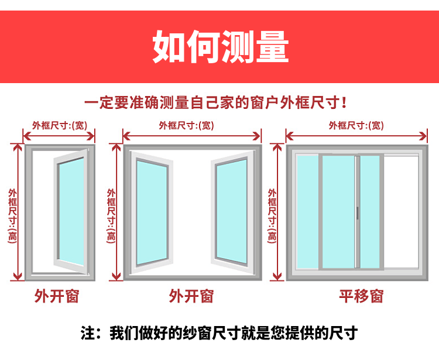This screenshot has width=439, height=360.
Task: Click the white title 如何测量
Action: pos(220,47)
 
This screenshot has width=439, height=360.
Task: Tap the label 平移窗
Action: pos(361,296)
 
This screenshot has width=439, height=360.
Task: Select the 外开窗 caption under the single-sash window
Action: pos(56,296)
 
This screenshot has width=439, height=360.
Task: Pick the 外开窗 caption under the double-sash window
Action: pos(191,296)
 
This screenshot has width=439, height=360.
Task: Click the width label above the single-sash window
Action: pos(59,125)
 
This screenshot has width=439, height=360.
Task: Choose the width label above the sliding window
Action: pos(356,125)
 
